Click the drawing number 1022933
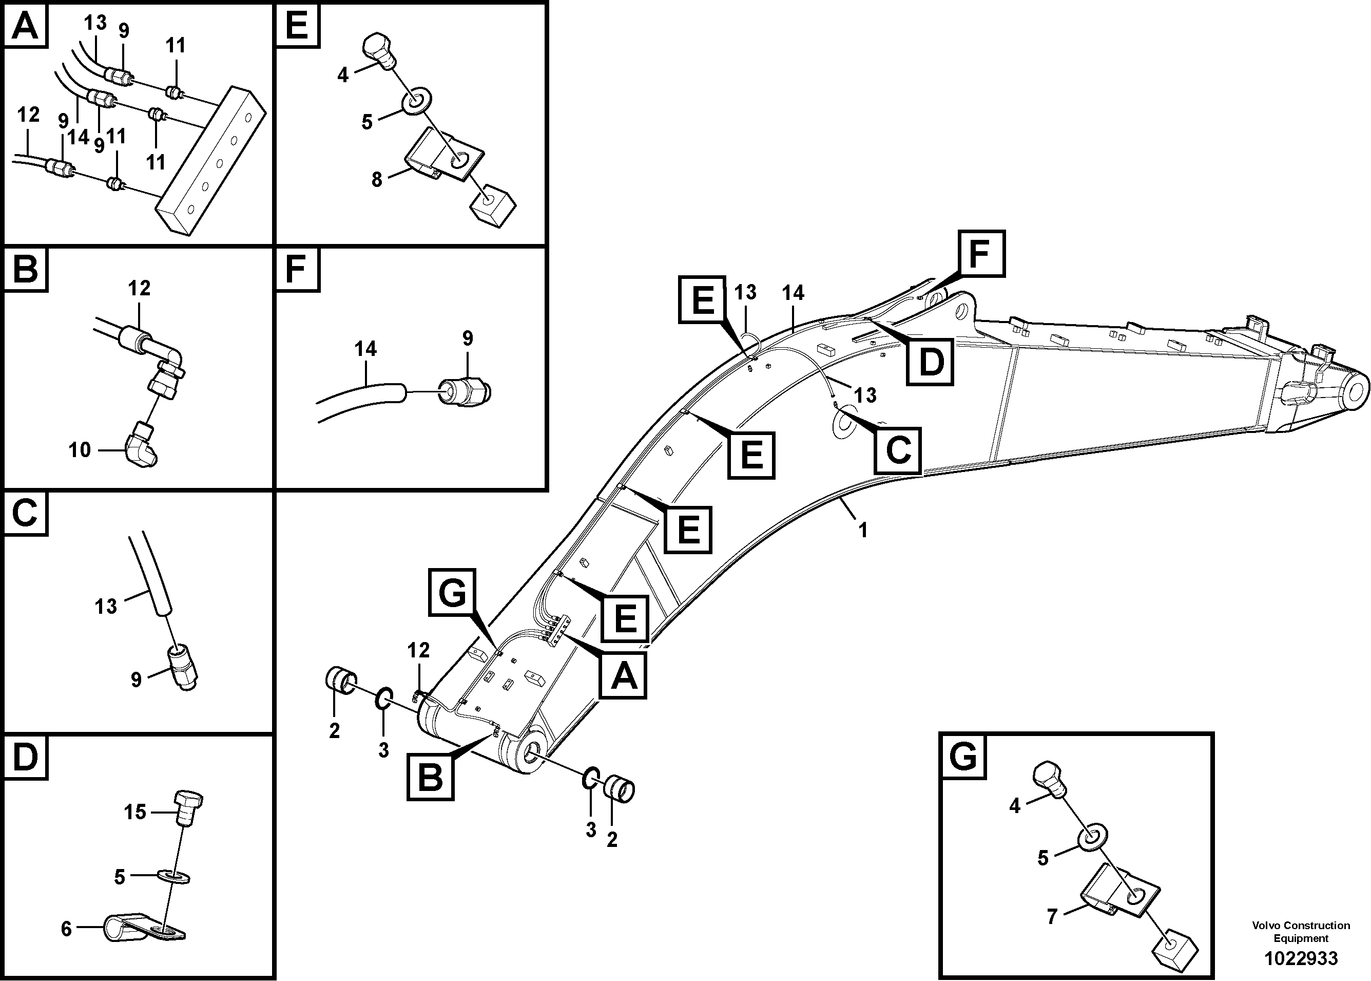1301,958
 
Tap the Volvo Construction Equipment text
1301,932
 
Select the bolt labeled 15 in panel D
188,808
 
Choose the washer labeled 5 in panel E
417,98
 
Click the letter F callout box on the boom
981,254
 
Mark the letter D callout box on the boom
930,361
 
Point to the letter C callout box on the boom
898,450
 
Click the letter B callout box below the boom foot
430,778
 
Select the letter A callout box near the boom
623,675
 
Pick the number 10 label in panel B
80,450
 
